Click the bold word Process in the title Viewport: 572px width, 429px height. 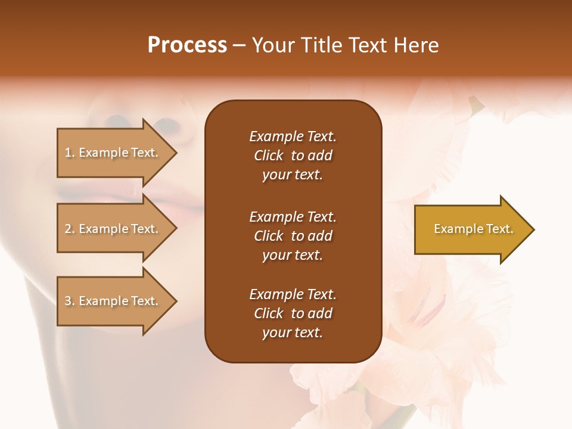(187, 45)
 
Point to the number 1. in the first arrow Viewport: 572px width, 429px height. (70, 153)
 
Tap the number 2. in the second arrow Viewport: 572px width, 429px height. (70, 229)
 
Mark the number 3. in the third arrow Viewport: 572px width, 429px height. (70, 301)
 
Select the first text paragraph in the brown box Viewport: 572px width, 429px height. (293, 156)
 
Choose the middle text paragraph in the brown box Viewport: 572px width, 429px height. (293, 236)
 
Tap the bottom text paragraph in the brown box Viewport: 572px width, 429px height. (293, 313)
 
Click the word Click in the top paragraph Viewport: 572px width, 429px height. (269, 156)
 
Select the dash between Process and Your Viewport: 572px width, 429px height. (239, 45)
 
